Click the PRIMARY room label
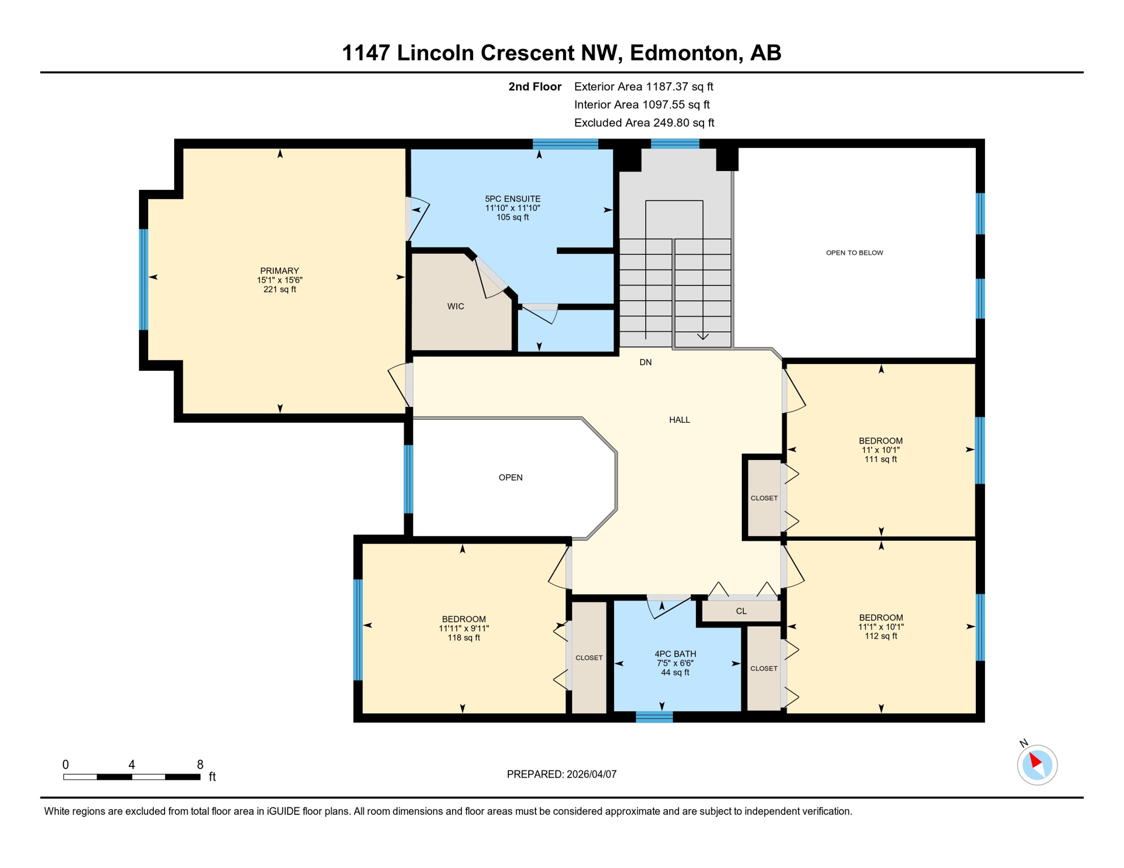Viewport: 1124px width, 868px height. click(279, 271)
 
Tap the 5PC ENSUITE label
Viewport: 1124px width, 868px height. click(512, 199)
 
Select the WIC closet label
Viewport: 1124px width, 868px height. click(455, 306)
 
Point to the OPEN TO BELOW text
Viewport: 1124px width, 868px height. click(854, 253)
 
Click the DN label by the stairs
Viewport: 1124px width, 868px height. click(645, 362)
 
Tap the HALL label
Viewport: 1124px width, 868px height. click(679, 420)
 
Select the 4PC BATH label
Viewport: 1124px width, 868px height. click(675, 654)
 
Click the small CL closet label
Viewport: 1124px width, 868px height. click(741, 611)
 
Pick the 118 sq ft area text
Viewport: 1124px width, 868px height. click(464, 638)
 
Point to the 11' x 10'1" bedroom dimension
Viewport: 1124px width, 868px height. click(880, 450)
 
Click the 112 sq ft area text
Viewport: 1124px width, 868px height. click(880, 636)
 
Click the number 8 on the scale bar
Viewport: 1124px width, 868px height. click(200, 765)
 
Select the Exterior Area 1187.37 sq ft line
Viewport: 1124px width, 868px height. click(643, 86)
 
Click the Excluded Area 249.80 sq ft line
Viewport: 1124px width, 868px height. click(643, 123)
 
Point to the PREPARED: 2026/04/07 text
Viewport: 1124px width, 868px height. click(561, 774)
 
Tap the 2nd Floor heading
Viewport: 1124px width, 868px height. click(534, 86)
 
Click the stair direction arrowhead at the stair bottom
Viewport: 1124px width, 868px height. click(702, 337)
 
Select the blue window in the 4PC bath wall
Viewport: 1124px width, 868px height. click(654, 717)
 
